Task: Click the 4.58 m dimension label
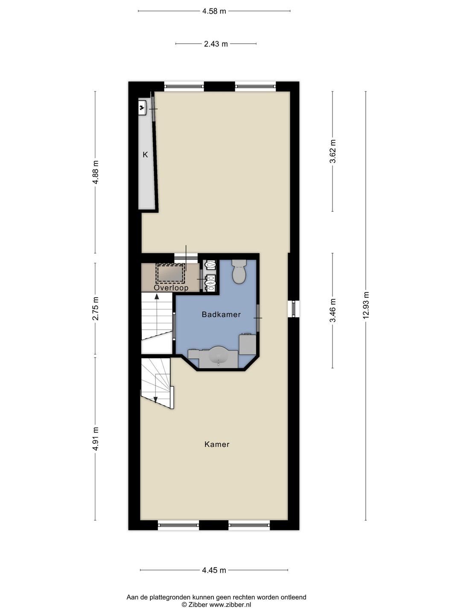214,11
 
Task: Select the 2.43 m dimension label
216,44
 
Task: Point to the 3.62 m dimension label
333,151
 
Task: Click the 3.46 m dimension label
333,310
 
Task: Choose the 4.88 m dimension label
96,172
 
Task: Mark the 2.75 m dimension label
96,308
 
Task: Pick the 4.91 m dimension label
96,439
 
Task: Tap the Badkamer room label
221,314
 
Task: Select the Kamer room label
217,444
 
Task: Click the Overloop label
171,288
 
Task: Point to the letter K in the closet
145,155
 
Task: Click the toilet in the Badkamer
239,271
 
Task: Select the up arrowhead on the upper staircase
157,296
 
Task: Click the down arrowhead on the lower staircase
156,400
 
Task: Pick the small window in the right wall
294,309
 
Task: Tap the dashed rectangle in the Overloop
170,273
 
